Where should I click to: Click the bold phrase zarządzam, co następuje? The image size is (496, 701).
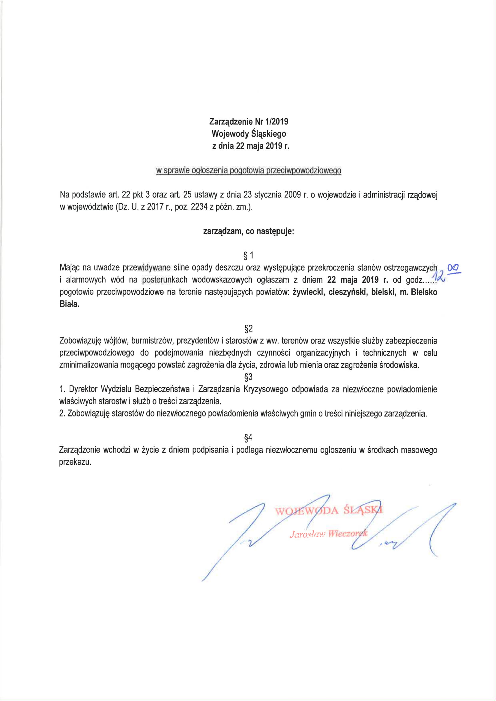pos(248,231)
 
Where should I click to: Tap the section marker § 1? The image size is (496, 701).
pos(248,255)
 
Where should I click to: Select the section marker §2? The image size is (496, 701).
pos(248,329)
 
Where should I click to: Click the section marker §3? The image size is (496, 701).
pos(248,377)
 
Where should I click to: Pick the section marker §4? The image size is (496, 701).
pos(248,438)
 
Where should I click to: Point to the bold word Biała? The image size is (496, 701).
pos(69,304)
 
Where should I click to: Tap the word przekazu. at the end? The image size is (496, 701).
pos(75,462)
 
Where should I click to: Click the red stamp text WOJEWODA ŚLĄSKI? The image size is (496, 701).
pos(329,511)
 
